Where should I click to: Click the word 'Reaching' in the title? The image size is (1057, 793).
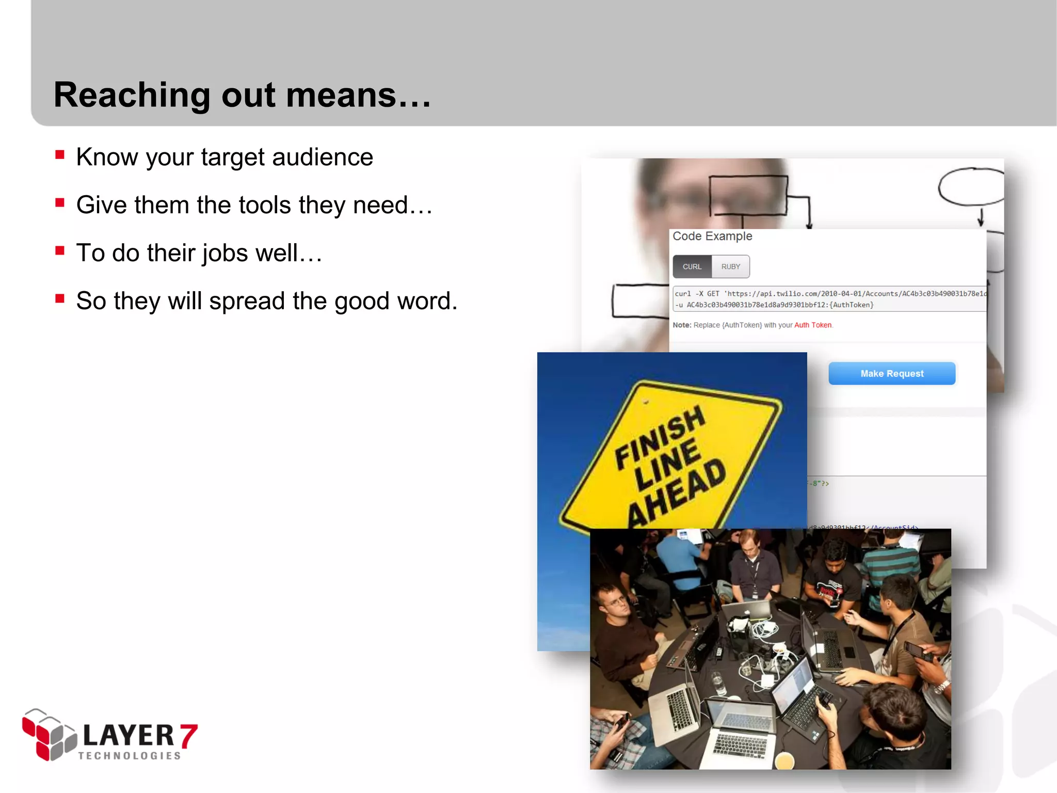tap(132, 96)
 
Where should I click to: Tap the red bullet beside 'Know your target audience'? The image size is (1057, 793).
tap(60, 154)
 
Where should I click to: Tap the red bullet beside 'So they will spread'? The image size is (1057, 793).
tap(60, 298)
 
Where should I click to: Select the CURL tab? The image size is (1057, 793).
tap(692, 267)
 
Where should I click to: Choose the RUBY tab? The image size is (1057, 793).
tap(730, 267)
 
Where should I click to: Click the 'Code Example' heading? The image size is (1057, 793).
tap(712, 236)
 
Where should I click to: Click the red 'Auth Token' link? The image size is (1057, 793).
tap(812, 325)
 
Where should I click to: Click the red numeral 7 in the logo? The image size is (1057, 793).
tap(188, 736)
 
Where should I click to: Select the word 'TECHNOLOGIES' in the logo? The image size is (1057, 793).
tap(130, 756)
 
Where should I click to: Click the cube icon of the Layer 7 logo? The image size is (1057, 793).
tap(49, 735)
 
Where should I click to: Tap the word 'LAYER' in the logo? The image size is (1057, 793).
tap(129, 735)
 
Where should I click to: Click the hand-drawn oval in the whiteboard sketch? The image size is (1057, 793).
tap(970, 186)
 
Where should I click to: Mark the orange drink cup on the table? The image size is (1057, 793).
tap(784, 760)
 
